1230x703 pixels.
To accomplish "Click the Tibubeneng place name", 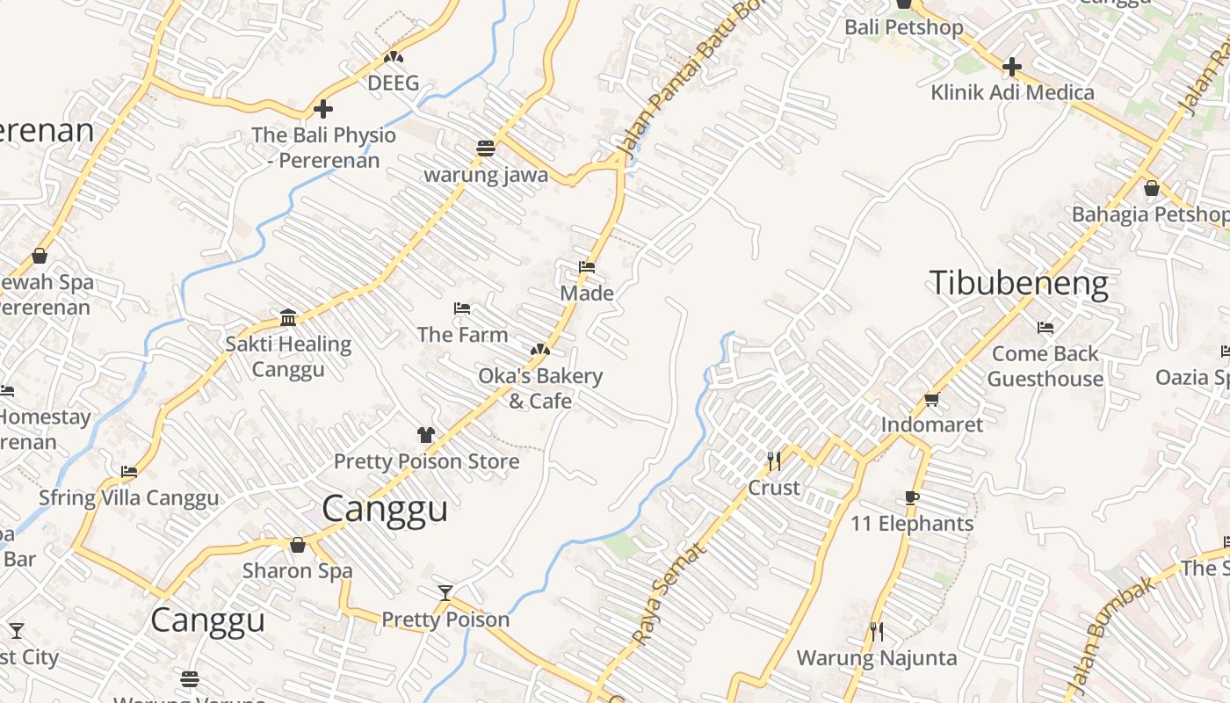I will tap(1018, 284).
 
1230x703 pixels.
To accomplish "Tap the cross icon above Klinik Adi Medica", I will tap(1011, 67).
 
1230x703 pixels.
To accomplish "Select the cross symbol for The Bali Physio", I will tap(323, 109).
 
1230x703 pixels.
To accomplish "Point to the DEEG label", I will tap(393, 83).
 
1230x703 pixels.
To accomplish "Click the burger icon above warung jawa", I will tap(485, 148).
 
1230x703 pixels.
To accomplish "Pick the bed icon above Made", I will tap(586, 267).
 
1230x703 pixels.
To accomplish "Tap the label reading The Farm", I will tap(462, 335).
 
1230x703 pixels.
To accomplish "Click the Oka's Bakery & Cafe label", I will tap(540, 388).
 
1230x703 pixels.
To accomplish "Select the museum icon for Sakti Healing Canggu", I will tap(288, 317).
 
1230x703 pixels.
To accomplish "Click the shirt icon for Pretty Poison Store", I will tap(426, 434).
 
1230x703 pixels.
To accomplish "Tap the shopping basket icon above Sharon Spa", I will tap(298, 545).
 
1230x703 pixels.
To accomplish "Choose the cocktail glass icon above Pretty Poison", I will tap(445, 593).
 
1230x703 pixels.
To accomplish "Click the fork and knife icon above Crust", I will tap(773, 460).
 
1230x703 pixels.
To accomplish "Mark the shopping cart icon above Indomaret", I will tap(931, 399).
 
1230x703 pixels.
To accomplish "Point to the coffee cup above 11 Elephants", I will tap(912, 497).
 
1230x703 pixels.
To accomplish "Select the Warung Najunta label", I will tap(876, 657).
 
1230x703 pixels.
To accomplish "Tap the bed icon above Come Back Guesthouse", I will tap(1045, 328).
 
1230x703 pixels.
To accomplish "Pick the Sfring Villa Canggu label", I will tap(128, 498).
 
